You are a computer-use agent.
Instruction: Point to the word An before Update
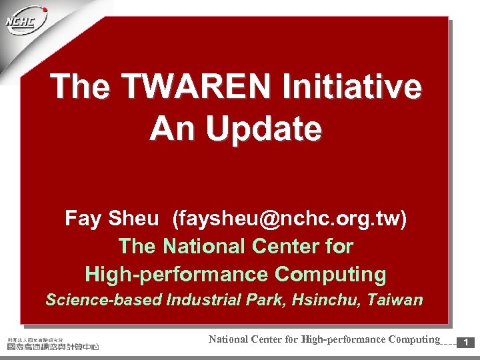tap(172, 128)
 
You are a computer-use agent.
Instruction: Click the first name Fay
tap(83, 219)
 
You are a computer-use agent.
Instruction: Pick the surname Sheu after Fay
tap(133, 219)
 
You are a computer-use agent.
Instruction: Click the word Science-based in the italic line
tap(104, 300)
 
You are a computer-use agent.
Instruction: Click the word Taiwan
tap(397, 300)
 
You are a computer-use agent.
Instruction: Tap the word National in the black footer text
tap(228, 339)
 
